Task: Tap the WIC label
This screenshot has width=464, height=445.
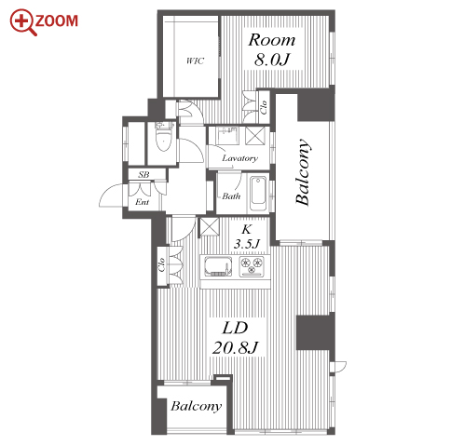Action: coord(196,61)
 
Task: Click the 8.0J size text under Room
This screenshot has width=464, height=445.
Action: coord(272,59)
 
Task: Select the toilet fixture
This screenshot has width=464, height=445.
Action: coord(164,136)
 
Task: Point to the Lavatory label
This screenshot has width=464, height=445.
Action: coord(239,158)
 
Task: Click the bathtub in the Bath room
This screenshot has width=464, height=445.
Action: coord(258,194)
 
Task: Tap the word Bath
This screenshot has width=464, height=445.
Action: coord(231,196)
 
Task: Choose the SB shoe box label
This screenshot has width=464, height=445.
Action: coord(143,174)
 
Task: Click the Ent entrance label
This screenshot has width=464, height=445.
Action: coord(143,202)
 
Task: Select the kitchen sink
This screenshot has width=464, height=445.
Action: coord(218,266)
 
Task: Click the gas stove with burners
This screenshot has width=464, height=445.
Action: coord(252,266)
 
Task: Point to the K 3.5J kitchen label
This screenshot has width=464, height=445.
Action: coord(247,237)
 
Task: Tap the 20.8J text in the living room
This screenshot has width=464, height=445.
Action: coord(235,348)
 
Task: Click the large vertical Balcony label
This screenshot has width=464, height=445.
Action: coord(303,172)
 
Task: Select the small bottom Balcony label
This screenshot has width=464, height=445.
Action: coord(197,406)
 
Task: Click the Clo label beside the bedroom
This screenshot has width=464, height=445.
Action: coord(264,107)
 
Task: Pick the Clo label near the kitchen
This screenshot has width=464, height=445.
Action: coord(161,264)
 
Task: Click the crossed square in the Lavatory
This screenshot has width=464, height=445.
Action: coord(255,135)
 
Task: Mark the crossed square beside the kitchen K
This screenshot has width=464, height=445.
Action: coord(210,227)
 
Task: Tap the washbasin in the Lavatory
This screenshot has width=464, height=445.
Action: coord(227,136)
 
